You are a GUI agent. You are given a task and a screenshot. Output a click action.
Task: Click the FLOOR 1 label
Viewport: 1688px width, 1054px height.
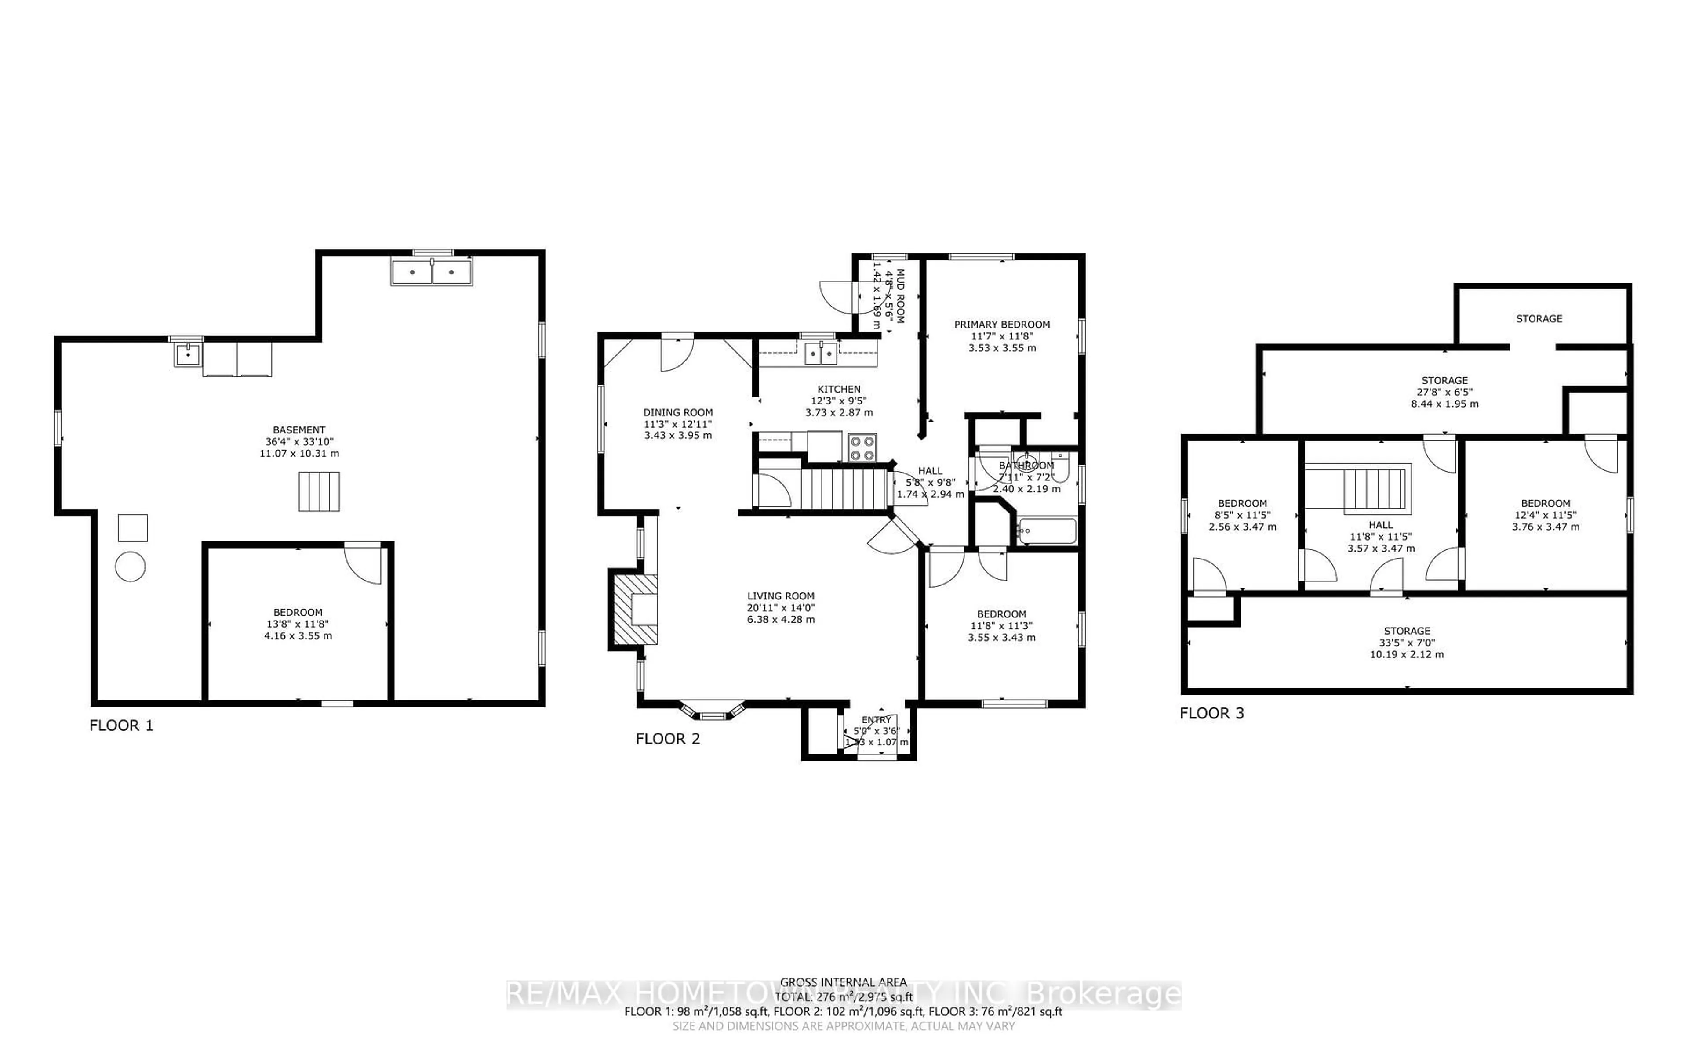point(121,726)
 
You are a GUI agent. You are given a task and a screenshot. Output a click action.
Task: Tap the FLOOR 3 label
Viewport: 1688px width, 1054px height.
point(1211,713)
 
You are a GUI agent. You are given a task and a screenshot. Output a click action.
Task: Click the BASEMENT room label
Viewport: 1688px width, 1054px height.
point(298,430)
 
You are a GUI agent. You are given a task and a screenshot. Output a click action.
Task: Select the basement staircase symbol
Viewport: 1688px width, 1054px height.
point(319,491)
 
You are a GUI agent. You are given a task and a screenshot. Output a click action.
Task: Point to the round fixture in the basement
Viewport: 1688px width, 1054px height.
point(131,567)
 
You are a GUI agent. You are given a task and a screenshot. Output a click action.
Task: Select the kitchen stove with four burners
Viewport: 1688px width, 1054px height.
point(862,448)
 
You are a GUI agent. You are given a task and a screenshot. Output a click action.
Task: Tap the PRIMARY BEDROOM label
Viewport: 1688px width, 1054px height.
point(1002,324)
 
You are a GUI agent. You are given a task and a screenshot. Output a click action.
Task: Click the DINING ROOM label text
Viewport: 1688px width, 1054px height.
point(677,412)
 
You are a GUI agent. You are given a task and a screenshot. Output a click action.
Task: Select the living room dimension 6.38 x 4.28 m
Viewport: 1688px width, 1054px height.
point(781,619)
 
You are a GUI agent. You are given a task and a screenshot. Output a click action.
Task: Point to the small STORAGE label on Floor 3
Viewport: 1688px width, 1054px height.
point(1539,318)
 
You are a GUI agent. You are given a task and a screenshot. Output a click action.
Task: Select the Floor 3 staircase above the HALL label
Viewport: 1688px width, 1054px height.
point(1373,489)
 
